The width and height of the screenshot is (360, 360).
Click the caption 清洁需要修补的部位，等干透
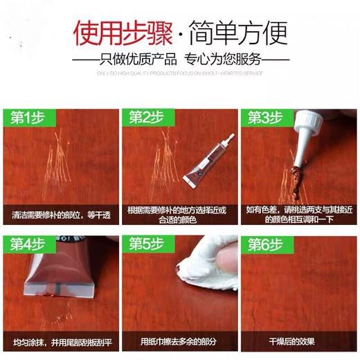click(x=60, y=214)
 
